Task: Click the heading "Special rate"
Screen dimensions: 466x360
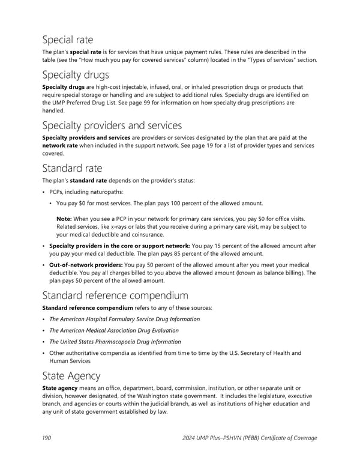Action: click(67, 40)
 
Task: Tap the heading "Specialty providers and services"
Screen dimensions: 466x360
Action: click(112, 126)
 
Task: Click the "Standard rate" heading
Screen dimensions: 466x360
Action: click(72, 168)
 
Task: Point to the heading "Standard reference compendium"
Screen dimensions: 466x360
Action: click(115, 295)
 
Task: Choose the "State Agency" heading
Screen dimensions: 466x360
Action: click(71, 376)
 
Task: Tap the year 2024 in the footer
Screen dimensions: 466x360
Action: click(191, 438)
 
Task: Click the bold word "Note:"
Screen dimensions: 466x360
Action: click(65, 219)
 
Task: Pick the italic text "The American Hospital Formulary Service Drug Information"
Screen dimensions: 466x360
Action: click(124, 319)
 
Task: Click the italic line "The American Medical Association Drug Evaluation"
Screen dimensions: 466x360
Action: click(113, 330)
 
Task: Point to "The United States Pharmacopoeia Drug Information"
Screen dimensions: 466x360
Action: click(114, 342)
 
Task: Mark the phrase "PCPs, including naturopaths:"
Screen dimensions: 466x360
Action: click(87, 192)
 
